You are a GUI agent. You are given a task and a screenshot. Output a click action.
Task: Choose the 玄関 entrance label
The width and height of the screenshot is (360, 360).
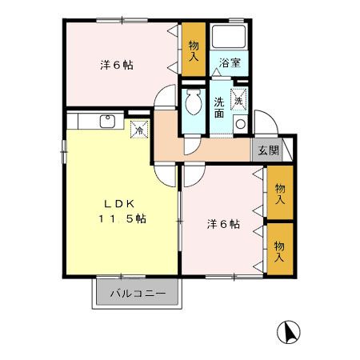(269, 150)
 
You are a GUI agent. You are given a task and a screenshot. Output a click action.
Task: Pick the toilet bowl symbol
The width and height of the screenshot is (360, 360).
(192, 102)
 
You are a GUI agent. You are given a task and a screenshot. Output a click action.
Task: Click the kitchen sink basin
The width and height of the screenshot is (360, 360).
(107, 122)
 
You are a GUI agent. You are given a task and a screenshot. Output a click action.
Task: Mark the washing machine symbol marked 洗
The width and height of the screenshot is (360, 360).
(238, 99)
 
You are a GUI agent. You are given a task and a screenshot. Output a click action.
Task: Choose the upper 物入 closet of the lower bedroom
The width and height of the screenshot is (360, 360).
(279, 193)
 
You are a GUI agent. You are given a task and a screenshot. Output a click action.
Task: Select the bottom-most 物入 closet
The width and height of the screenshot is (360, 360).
(279, 247)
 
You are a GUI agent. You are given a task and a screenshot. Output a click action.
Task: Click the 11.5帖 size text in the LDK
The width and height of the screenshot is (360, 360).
(122, 218)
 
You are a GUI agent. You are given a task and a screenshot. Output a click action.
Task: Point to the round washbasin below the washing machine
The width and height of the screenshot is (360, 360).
(239, 122)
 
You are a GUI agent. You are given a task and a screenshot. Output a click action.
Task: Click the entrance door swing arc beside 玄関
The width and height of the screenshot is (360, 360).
(268, 126)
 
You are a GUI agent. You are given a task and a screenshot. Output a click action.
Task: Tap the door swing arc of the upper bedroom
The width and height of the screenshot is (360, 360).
(162, 96)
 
